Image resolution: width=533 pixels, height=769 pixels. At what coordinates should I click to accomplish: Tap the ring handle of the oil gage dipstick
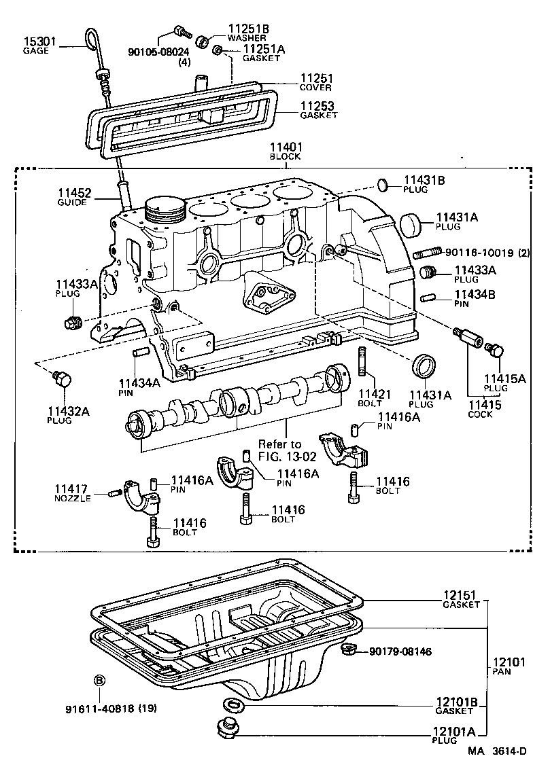click(x=91, y=40)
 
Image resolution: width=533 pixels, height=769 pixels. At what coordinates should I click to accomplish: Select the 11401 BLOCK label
click(x=286, y=151)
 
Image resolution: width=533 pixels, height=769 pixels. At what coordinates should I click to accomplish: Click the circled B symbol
click(x=99, y=680)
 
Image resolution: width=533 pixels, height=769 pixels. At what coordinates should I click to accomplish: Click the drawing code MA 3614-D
click(x=496, y=751)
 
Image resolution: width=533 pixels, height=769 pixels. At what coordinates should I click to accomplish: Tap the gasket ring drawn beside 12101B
click(x=230, y=703)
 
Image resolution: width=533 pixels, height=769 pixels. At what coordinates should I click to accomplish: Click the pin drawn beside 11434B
click(x=428, y=296)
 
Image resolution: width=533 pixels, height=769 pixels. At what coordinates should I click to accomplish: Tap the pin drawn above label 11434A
click(x=139, y=353)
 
